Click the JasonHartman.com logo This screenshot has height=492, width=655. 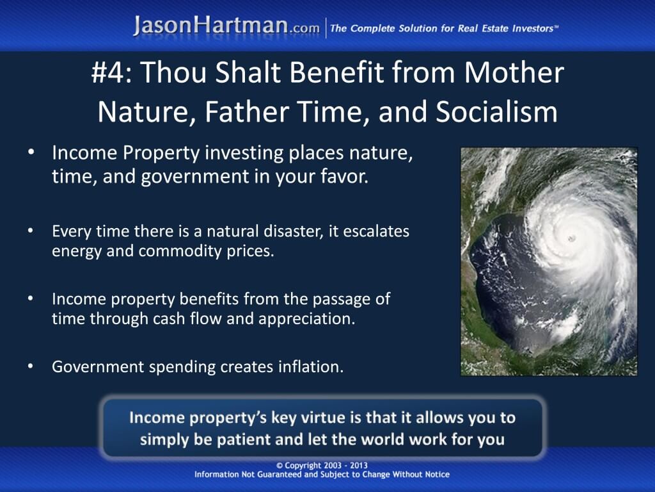tap(226, 26)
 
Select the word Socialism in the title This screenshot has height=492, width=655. tap(496, 112)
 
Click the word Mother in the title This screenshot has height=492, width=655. tap(514, 72)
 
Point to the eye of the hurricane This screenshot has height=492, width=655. tap(571, 238)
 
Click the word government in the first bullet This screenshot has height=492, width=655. tap(194, 177)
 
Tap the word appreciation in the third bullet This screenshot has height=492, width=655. tap(306, 319)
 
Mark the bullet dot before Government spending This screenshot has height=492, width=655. tap(31, 366)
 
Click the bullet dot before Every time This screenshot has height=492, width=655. tap(31, 231)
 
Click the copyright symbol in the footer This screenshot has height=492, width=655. tap(280, 466)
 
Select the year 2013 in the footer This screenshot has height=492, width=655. tap(359, 465)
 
